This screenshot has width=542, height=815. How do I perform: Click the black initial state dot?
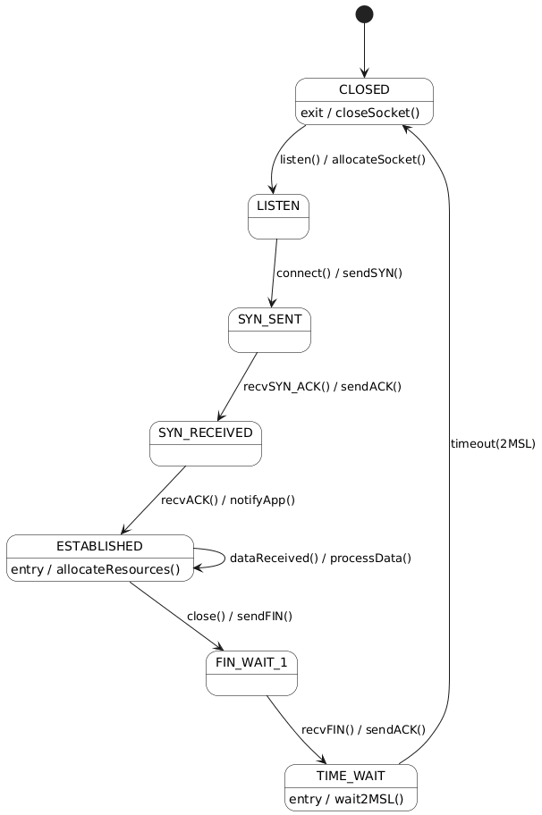[x=364, y=14]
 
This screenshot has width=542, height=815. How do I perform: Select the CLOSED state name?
[x=364, y=89]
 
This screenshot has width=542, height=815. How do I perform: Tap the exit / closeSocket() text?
[x=360, y=113]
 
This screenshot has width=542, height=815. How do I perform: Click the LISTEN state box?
[x=278, y=216]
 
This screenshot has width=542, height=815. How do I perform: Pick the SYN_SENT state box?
[x=269, y=329]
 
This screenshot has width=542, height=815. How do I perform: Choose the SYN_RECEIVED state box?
[x=206, y=443]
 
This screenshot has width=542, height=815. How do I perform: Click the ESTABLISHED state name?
[x=99, y=546]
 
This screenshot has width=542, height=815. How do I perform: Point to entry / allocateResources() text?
[x=99, y=569]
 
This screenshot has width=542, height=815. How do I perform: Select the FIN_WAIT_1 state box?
[x=251, y=672]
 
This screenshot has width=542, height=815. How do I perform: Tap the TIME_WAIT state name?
[x=351, y=775]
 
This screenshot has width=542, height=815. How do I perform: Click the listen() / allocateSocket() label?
[x=352, y=160]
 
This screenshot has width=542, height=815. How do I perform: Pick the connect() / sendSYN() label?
[x=339, y=273]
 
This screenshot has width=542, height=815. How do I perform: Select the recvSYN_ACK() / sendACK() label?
[x=322, y=387]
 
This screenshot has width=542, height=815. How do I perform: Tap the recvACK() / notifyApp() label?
[x=228, y=500]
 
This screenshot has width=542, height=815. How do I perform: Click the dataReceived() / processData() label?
[x=320, y=559]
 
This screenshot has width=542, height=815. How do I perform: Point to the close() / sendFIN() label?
[x=240, y=616]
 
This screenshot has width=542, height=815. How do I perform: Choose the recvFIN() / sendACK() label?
[x=363, y=730]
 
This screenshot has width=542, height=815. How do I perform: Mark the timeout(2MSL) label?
[x=493, y=444]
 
